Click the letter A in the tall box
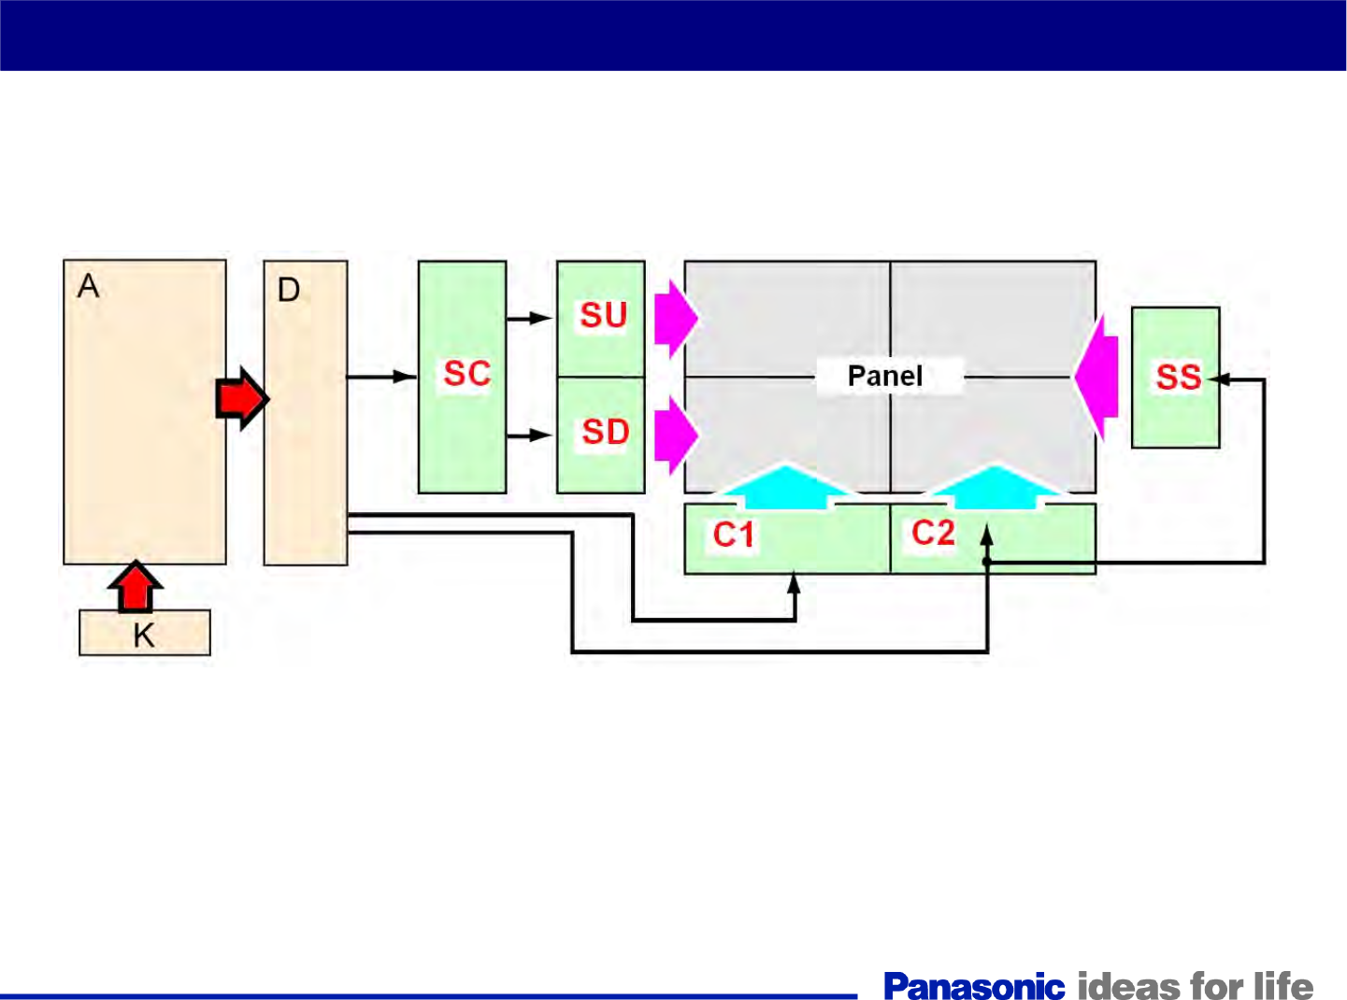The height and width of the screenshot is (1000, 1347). pos(89,286)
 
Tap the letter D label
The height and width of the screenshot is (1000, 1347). pos(289,291)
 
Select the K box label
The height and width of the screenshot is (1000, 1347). pos(144,636)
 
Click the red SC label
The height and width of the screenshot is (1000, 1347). pos(466,374)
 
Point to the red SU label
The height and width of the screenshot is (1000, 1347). pos(603,316)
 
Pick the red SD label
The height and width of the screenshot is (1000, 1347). pos(605,433)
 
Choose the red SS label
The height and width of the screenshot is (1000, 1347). pos(1178,378)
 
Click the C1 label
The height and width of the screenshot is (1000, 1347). pos(734,536)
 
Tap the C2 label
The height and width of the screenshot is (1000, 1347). pos(933,533)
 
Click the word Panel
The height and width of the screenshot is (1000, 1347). pos(884,377)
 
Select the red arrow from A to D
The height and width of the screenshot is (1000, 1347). pos(242,399)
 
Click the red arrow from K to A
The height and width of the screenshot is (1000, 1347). pos(136,586)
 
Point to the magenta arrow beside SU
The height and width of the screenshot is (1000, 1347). pos(675,319)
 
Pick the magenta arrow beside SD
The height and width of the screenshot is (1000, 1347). pos(675,435)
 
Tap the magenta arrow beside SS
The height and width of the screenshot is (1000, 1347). pos(1097,378)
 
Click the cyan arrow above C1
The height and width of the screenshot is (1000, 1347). pos(787,487)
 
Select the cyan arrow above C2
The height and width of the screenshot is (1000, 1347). pos(996,487)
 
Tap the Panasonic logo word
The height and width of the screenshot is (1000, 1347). pos(974,986)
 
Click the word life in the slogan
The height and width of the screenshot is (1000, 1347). pos(1283,986)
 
